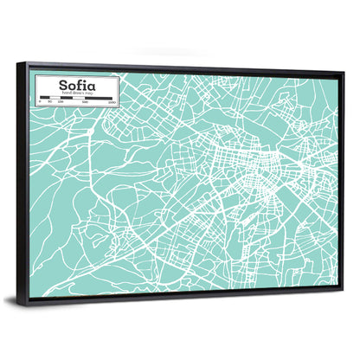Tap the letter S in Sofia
tap(61, 86)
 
